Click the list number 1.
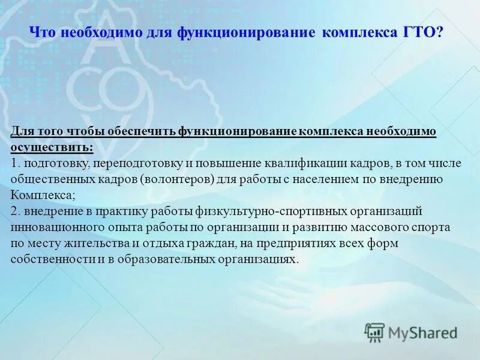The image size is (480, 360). coord(14,163)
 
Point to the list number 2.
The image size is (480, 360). coord(14,211)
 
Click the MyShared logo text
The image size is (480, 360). coord(423,332)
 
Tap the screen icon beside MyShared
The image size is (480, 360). coord(374,332)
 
